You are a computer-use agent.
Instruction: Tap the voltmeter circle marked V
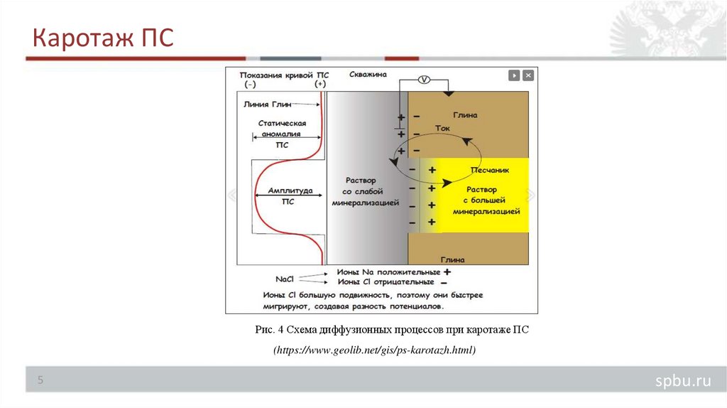pyautogui.click(x=423, y=80)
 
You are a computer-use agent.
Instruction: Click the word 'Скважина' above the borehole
pyautogui.click(x=368, y=74)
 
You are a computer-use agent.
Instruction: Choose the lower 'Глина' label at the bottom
pyautogui.click(x=452, y=259)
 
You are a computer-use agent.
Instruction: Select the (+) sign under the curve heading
pyautogui.click(x=319, y=84)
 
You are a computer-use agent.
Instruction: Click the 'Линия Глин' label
pyautogui.click(x=267, y=104)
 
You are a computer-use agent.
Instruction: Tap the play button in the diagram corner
pyautogui.click(x=514, y=75)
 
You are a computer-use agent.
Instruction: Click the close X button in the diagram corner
pyautogui.click(x=528, y=75)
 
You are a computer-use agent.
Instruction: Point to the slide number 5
pyautogui.click(x=40, y=381)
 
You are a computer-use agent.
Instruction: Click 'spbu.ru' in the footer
pyautogui.click(x=682, y=382)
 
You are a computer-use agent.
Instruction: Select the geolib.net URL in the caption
pyautogui.click(x=373, y=350)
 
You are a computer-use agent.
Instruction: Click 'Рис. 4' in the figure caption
pyautogui.click(x=270, y=330)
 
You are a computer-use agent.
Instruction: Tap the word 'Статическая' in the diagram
pyautogui.click(x=282, y=123)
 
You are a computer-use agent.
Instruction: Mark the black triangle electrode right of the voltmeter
pyautogui.click(x=447, y=93)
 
